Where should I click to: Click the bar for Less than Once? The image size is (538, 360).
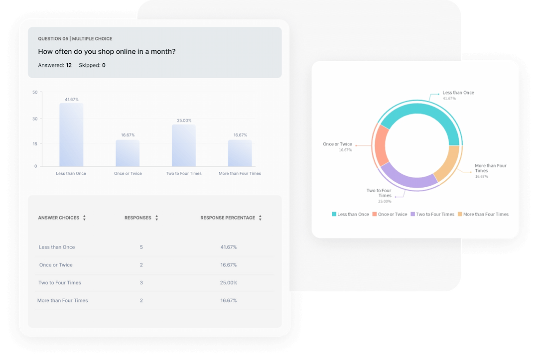(x=71, y=135)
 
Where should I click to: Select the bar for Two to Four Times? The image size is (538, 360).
(x=184, y=145)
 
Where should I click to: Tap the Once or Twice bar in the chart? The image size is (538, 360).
(x=128, y=153)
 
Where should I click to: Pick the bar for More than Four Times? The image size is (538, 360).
(x=240, y=153)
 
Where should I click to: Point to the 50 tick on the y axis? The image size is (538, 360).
(x=35, y=92)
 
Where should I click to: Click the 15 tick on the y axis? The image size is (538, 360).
(x=35, y=144)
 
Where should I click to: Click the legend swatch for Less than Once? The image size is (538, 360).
(x=334, y=214)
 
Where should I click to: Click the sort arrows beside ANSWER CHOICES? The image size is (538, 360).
(x=85, y=218)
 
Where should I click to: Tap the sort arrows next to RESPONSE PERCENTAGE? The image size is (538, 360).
(x=260, y=218)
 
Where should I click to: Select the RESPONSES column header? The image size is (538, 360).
(x=137, y=218)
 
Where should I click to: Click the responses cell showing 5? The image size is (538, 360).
(x=141, y=247)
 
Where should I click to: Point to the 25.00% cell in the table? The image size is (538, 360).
(x=229, y=283)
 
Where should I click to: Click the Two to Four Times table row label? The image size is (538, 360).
(x=60, y=283)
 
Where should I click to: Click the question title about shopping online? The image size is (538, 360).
(x=107, y=51)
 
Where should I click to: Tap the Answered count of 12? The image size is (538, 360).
(x=68, y=65)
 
